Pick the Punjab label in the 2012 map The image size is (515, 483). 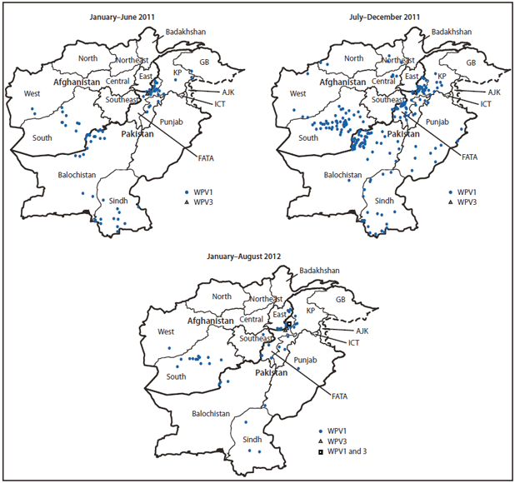click(x=307, y=360)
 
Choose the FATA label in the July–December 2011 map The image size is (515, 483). click(x=470, y=156)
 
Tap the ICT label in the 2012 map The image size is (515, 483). click(x=353, y=342)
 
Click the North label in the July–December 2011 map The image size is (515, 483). click(x=353, y=58)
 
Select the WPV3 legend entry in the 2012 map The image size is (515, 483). click(x=337, y=439)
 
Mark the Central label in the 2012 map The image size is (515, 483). click(x=251, y=318)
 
